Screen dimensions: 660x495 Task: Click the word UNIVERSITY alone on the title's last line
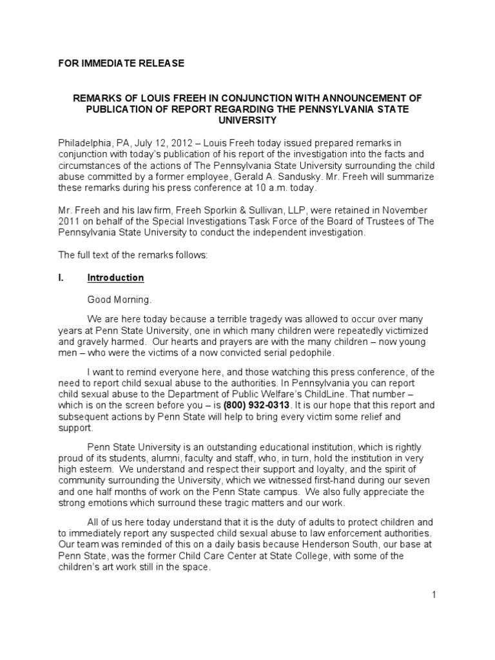[x=247, y=121]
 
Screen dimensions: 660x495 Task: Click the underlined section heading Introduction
[x=115, y=278]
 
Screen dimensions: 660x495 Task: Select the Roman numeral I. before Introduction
[x=62, y=278]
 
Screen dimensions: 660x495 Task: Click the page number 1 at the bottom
[x=434, y=594]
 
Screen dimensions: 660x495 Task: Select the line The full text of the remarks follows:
[x=133, y=255]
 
